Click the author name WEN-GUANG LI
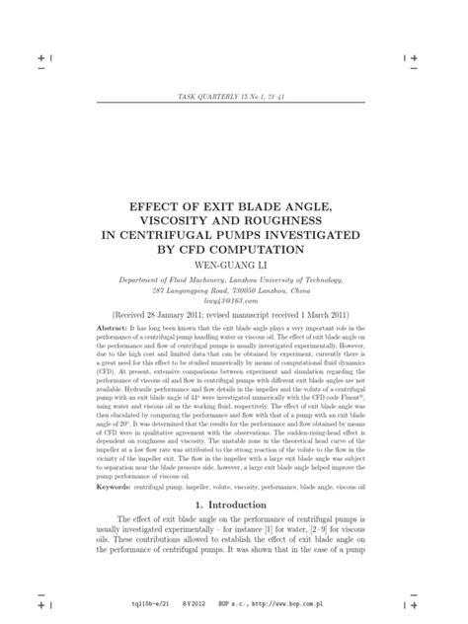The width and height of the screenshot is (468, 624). pyautogui.click(x=234, y=265)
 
